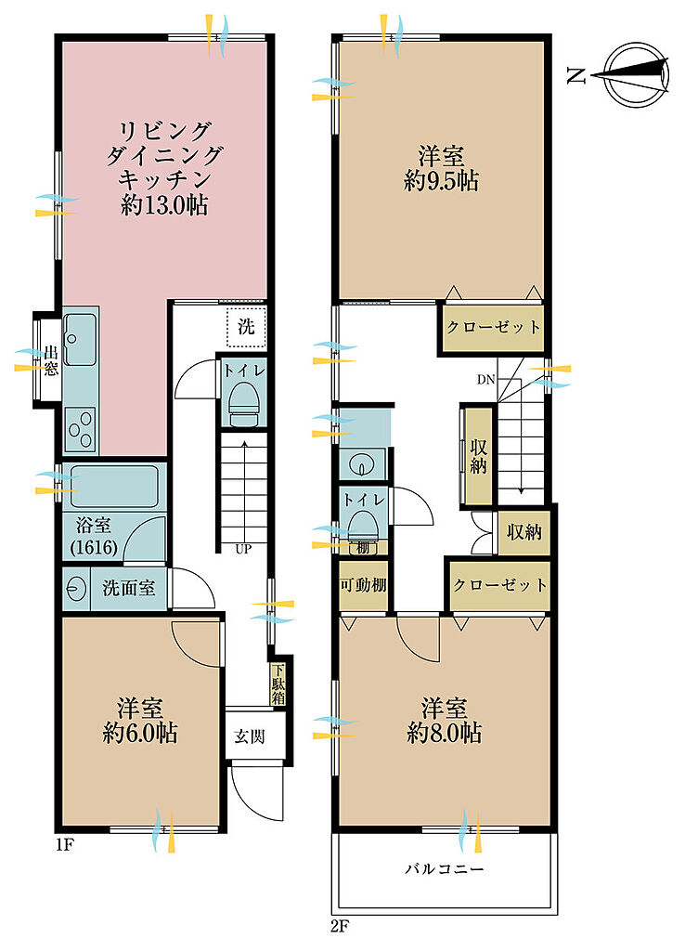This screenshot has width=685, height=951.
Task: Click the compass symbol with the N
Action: [637, 75]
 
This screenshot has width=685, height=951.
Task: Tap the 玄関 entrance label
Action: [249, 736]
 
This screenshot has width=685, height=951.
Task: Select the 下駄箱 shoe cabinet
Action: [278, 684]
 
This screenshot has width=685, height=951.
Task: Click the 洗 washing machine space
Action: [246, 328]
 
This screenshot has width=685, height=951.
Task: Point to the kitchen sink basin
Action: [80, 340]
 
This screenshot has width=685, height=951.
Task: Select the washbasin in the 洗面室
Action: [76, 588]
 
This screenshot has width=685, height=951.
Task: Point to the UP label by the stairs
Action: [243, 550]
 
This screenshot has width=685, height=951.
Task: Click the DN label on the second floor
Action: [486, 380]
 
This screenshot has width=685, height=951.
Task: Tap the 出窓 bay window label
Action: [50, 360]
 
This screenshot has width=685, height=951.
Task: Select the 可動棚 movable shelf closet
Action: [363, 585]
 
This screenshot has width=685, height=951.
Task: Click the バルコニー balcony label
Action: [445, 869]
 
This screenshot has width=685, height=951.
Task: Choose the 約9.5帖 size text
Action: [441, 181]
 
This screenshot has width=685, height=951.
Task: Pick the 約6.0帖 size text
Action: [140, 734]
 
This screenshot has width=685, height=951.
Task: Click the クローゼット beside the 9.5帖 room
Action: [493, 328]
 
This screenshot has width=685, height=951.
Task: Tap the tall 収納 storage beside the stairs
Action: [478, 456]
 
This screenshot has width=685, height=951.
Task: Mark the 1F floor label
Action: [65, 845]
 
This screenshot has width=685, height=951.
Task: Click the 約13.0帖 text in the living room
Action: [163, 205]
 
